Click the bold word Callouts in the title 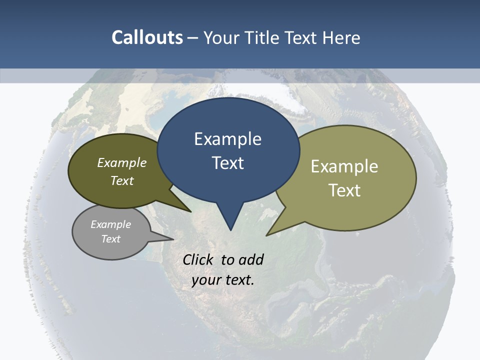pyautogui.click(x=147, y=37)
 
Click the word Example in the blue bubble pyautogui.click(x=227, y=139)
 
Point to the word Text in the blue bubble pyautogui.click(x=227, y=163)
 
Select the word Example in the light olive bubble pyautogui.click(x=344, y=166)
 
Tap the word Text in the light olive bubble pyautogui.click(x=344, y=190)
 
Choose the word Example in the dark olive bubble pyautogui.click(x=122, y=162)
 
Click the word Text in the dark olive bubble pyautogui.click(x=122, y=180)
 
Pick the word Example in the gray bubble pyautogui.click(x=110, y=224)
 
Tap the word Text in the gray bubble pyautogui.click(x=110, y=239)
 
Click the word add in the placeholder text pyautogui.click(x=250, y=259)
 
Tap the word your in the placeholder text pyautogui.click(x=206, y=280)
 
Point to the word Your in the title pyautogui.click(x=221, y=37)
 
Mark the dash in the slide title pyautogui.click(x=193, y=37)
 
